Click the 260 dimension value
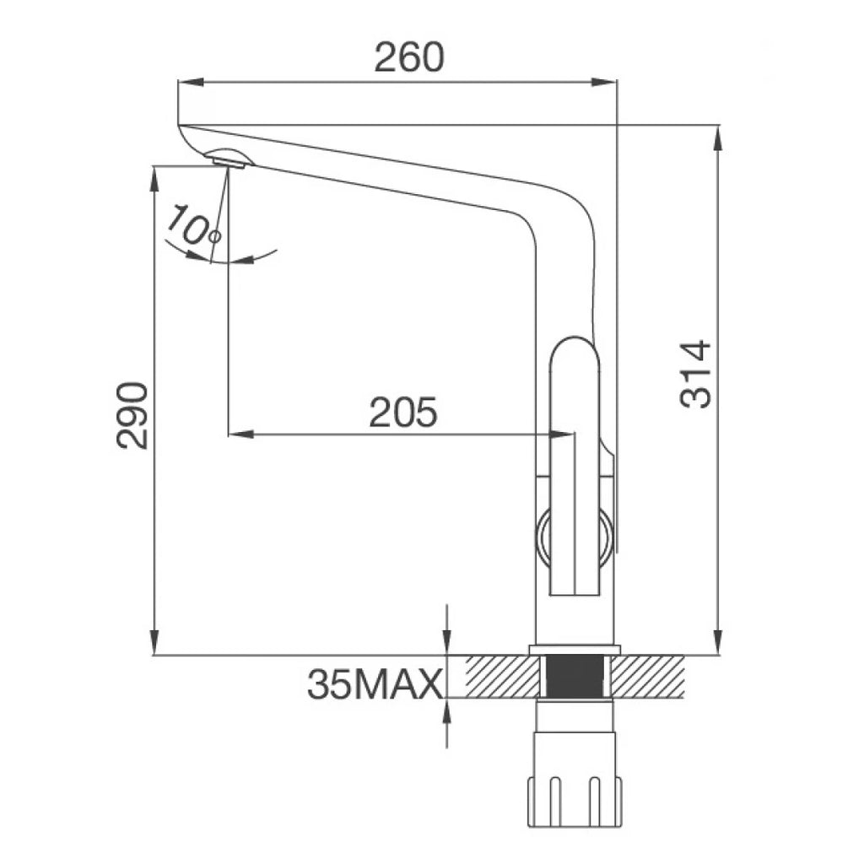click(408, 57)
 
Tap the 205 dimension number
click(402, 412)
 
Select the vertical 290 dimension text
click(132, 415)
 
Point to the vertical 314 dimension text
click(695, 374)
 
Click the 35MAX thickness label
click(375, 683)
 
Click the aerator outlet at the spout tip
click(228, 161)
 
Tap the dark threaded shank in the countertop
click(577, 676)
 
